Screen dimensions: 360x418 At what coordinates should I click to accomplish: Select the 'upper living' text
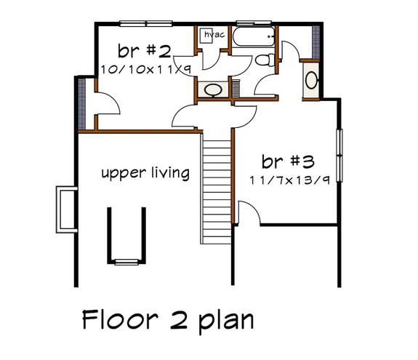pos(145,173)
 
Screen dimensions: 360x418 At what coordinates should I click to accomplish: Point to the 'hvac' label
pos(214,34)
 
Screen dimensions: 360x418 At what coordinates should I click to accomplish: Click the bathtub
pos(254,37)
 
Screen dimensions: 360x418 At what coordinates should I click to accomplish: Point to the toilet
pos(267,60)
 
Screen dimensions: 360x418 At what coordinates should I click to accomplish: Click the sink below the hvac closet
pos(213,90)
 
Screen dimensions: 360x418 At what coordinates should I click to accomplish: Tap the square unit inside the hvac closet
pos(206,36)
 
